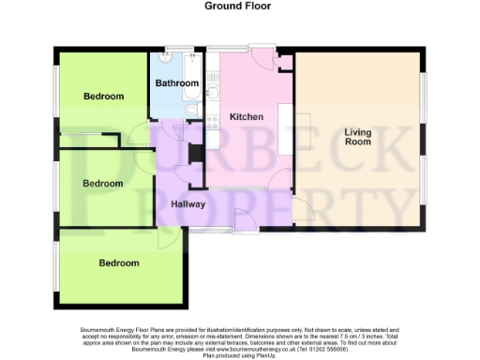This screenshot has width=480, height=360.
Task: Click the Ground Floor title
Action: click(x=239, y=6)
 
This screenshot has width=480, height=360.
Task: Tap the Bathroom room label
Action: click(x=176, y=83)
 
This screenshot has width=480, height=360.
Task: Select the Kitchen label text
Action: click(x=245, y=117)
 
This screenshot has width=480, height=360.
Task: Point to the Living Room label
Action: click(x=357, y=137)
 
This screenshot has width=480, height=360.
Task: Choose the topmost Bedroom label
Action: click(x=103, y=97)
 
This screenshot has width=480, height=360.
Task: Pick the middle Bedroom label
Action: click(x=103, y=184)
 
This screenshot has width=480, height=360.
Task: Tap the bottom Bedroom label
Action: click(x=119, y=263)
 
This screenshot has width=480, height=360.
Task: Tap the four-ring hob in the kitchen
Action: click(x=212, y=138)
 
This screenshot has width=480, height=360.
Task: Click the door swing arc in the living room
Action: click(x=303, y=210)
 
